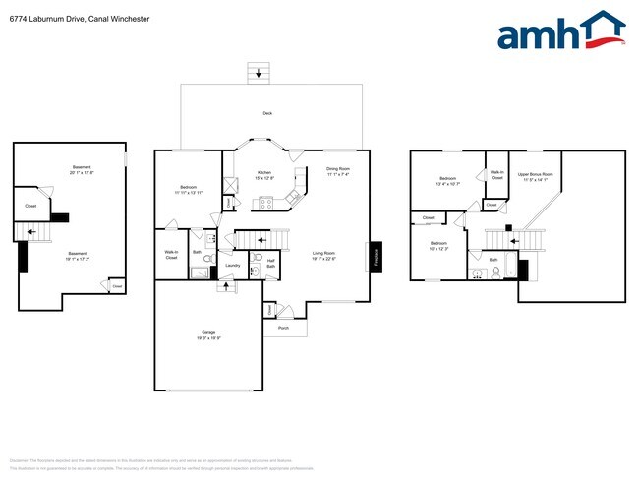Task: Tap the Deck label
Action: tap(266, 114)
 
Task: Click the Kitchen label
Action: tap(263, 174)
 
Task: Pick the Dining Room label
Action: tap(338, 170)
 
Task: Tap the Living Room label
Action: tap(324, 256)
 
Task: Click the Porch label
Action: tap(283, 327)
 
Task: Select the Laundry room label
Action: tap(233, 265)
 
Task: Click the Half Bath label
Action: tap(269, 264)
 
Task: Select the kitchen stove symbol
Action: tap(263, 204)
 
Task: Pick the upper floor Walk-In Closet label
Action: tap(496, 174)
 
